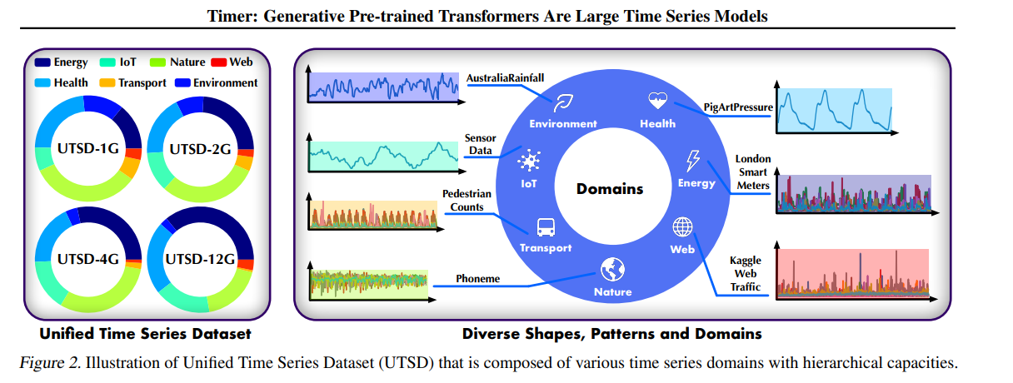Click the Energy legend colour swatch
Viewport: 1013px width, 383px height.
click(x=42, y=62)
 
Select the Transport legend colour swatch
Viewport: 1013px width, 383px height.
click(x=107, y=82)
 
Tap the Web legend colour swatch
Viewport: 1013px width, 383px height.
click(x=219, y=62)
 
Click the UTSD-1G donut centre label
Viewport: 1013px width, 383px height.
click(x=88, y=148)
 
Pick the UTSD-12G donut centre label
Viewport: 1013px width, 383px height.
click(x=200, y=259)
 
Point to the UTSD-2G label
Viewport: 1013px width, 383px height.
click(x=200, y=149)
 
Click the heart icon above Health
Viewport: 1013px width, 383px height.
click(x=657, y=101)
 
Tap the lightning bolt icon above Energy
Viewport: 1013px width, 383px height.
click(x=693, y=161)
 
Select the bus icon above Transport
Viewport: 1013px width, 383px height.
click(x=546, y=227)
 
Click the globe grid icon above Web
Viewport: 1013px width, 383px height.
click(x=682, y=227)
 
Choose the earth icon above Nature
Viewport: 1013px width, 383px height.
click(x=613, y=270)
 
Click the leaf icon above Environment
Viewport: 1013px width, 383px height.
click(x=563, y=103)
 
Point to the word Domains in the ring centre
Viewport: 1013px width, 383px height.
click(x=610, y=189)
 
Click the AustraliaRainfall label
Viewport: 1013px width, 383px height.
click(x=505, y=78)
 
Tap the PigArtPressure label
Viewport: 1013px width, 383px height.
click(x=738, y=107)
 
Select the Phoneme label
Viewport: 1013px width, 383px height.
click(x=477, y=279)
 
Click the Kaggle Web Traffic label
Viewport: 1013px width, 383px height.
click(x=746, y=274)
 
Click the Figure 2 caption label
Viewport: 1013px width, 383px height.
click(x=50, y=363)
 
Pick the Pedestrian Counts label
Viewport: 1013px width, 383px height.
click(x=467, y=201)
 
